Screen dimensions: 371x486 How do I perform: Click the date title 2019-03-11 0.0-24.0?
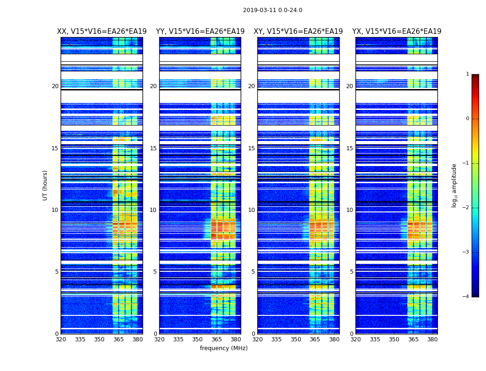pyautogui.click(x=273, y=10)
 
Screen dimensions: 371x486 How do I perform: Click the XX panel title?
pyautogui.click(x=102, y=32)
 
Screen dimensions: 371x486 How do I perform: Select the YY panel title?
pyautogui.click(x=200, y=32)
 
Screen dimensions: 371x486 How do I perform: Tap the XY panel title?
pyautogui.click(x=298, y=32)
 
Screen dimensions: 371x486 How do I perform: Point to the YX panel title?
pyautogui.click(x=397, y=32)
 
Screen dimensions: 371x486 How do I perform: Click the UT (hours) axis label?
pyautogui.click(x=45, y=185)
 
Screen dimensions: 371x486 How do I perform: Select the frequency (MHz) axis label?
pyautogui.click(x=224, y=348)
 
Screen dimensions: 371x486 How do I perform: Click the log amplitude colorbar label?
pyautogui.click(x=454, y=185)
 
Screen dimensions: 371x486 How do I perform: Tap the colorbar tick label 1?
pyautogui.click(x=467, y=74)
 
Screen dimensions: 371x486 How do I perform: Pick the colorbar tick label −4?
pyautogui.click(x=467, y=297)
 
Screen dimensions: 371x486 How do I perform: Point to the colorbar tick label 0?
pyautogui.click(x=467, y=119)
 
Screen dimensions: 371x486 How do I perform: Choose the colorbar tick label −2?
pyautogui.click(x=467, y=208)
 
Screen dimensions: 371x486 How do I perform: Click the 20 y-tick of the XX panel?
pyautogui.click(x=55, y=86)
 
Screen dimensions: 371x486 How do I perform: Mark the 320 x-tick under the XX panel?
pyautogui.click(x=61, y=339)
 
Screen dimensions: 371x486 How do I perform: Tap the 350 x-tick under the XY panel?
pyautogui.click(x=296, y=339)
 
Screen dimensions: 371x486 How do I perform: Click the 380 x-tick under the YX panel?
pyautogui.click(x=432, y=339)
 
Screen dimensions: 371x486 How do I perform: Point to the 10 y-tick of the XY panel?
pyautogui.click(x=251, y=210)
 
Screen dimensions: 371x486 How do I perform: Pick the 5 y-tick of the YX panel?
pyautogui.click(x=351, y=272)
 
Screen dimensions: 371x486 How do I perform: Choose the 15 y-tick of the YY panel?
pyautogui.click(x=153, y=148)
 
